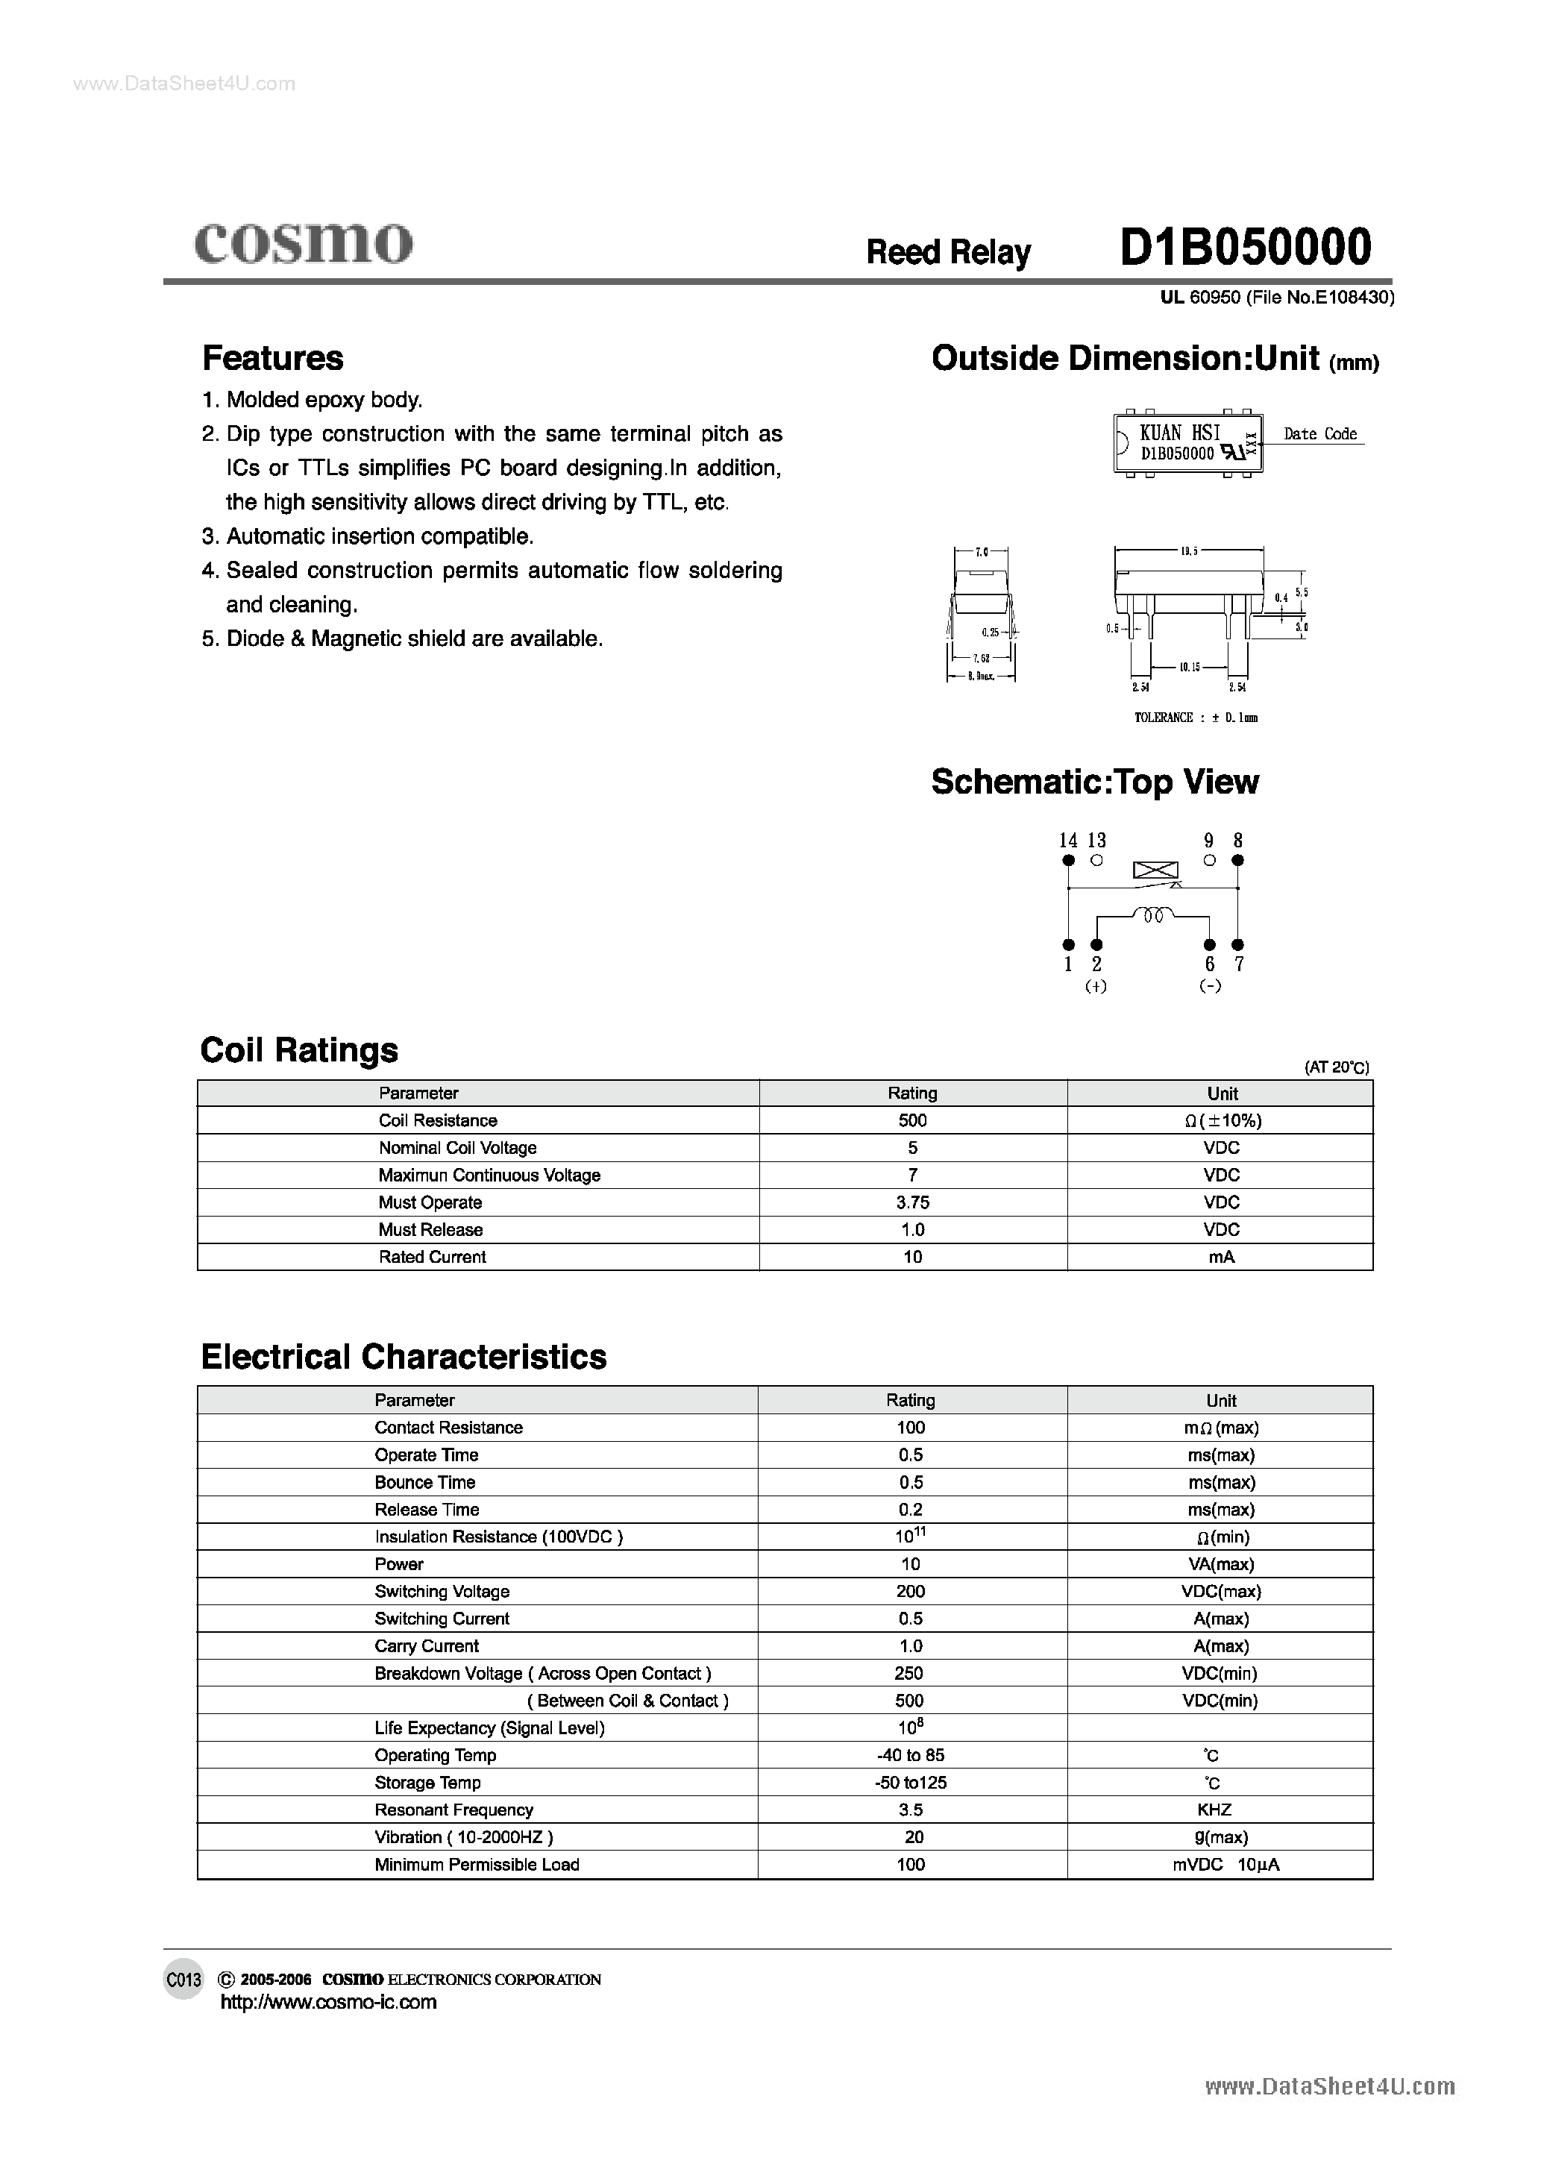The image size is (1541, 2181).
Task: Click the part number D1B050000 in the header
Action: [x=1246, y=248]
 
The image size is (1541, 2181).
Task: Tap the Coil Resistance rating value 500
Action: [x=912, y=1121]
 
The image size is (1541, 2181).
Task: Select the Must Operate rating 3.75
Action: [x=912, y=1202]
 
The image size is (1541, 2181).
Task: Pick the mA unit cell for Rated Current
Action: [x=1221, y=1257]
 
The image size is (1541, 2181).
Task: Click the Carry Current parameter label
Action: [x=427, y=1646]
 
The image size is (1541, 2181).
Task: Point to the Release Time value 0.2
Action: [x=910, y=1510]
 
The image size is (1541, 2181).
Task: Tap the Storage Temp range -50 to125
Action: [x=910, y=1783]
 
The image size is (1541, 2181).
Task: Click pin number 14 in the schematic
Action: [x=1068, y=841]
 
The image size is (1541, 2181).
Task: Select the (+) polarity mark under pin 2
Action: [x=1096, y=987]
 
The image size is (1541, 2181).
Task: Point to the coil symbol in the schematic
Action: [x=1153, y=917]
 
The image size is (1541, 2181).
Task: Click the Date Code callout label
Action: [x=1319, y=434]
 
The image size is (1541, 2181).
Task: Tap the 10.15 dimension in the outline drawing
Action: [x=1190, y=667]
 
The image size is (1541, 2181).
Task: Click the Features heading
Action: [x=273, y=358]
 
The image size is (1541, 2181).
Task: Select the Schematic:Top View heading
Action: [x=1094, y=782]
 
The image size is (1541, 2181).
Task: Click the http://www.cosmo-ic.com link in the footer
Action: [x=327, y=2003]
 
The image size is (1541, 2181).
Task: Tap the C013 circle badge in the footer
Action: [x=183, y=1980]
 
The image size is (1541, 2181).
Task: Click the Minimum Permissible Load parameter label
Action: [x=476, y=1865]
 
